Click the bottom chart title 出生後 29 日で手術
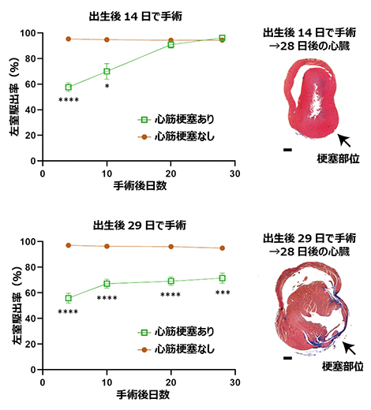point(138,223)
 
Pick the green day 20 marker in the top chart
point(171,44)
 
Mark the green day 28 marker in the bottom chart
point(223,278)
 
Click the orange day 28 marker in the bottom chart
point(223,248)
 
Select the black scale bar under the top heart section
point(288,148)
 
